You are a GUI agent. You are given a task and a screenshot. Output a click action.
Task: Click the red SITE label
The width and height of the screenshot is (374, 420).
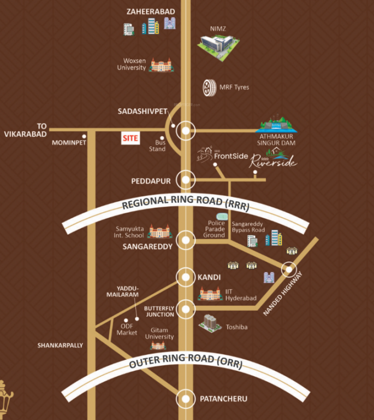point(130,138)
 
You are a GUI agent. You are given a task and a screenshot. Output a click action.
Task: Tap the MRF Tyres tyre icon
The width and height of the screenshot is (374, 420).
point(209,86)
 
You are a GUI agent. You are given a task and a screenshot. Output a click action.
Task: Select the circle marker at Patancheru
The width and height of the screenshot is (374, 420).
point(187,398)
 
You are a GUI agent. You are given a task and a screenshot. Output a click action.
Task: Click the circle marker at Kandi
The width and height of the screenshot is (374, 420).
point(187,276)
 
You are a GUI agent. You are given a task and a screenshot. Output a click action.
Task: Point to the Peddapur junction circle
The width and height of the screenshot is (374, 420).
point(187,179)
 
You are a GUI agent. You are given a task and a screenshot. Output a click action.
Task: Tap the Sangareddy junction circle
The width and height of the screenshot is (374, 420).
point(187,240)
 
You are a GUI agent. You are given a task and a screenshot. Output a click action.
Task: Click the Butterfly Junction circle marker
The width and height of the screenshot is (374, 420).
point(187,310)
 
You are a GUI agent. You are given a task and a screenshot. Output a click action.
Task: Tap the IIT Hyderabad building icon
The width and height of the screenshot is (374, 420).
point(210,294)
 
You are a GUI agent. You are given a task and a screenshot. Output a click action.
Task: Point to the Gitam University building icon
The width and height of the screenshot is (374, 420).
point(158,346)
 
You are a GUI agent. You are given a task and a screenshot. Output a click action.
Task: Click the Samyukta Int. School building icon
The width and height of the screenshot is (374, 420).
point(160,231)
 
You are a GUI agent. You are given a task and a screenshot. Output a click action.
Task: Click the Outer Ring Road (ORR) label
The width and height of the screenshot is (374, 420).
point(185,363)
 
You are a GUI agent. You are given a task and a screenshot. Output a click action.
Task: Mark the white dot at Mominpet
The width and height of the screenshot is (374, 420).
point(84,136)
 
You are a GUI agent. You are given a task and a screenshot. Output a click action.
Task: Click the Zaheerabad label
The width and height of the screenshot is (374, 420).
point(150,11)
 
